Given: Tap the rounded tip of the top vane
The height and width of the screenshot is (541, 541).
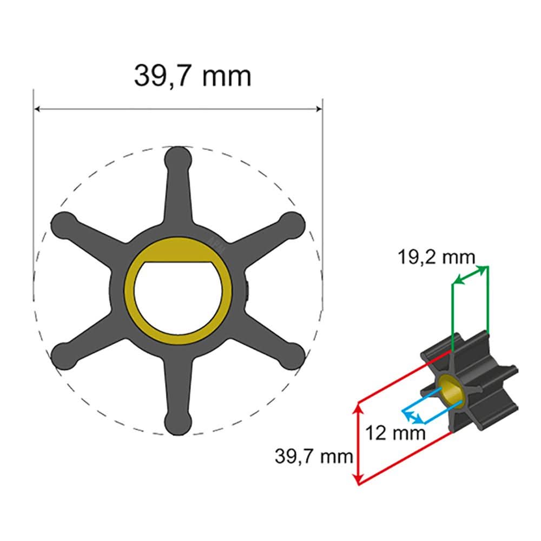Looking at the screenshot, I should point(179,159).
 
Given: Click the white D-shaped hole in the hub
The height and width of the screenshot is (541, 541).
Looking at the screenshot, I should point(178,303).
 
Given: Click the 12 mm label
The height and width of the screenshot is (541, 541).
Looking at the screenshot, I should point(395,433).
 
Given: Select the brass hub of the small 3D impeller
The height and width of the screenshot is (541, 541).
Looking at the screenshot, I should point(448,390).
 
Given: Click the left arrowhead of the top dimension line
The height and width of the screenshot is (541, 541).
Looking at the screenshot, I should point(38,109).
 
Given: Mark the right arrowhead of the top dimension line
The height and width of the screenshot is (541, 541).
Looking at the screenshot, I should point(319,109).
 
